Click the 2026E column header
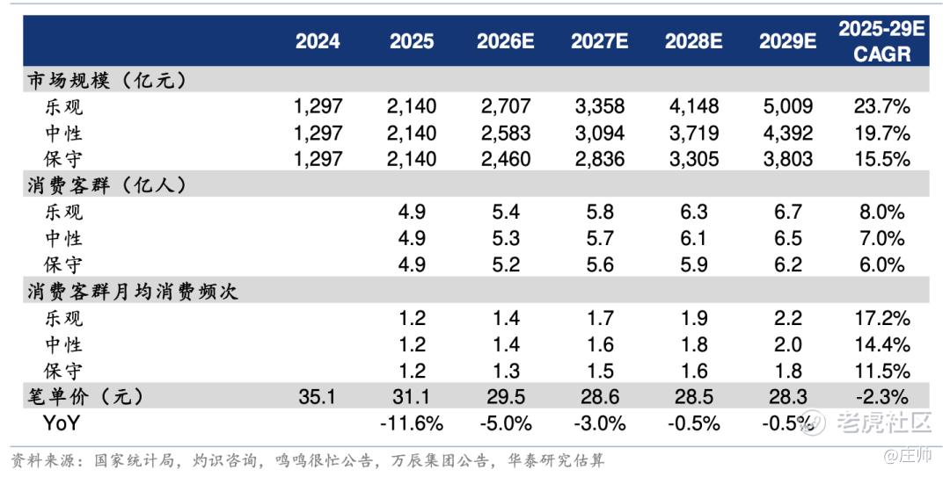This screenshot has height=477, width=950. [505, 41]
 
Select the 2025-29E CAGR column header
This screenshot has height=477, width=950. [881, 41]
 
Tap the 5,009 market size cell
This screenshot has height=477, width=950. [787, 106]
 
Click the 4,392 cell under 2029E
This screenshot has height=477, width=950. [787, 133]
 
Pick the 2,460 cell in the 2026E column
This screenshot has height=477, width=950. [505, 159]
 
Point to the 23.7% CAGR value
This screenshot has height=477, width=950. [882, 106]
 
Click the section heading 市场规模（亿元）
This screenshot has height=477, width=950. [107, 81]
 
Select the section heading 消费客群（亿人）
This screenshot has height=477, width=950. [107, 186]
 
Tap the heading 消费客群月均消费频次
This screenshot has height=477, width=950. [132, 291]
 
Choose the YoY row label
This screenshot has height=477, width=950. [62, 423]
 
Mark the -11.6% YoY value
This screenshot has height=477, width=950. [412, 423]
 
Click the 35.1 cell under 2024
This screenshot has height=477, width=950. [317, 397]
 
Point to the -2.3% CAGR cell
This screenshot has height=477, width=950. [882, 397]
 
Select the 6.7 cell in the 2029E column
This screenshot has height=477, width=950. [787, 212]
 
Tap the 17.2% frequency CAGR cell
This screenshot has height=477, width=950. [882, 318]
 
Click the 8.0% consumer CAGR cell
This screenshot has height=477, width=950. [882, 212]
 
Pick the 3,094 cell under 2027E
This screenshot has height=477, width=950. [600, 133]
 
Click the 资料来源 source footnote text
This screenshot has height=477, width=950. [308, 460]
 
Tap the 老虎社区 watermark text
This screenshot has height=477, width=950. [884, 422]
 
